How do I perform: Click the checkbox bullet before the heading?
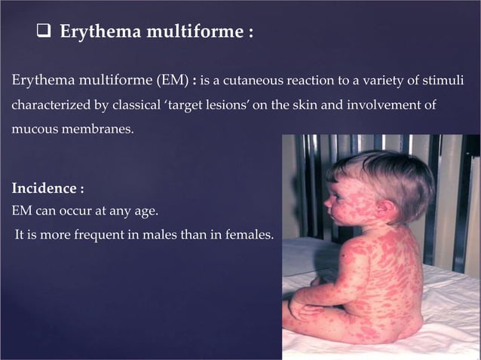(x=43, y=34)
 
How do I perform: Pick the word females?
(x=247, y=236)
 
